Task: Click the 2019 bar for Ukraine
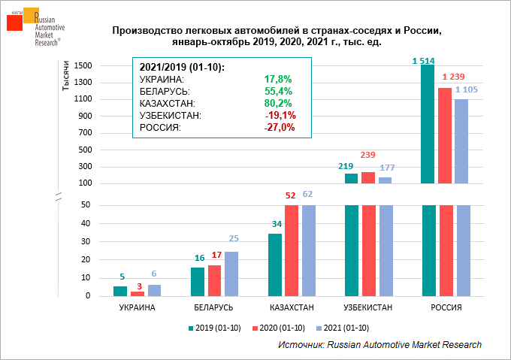120,291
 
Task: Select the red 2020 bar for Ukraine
138,293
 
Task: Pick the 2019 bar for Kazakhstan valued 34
275,265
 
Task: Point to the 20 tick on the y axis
87,259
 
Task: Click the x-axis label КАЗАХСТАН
292,308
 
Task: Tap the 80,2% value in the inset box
278,103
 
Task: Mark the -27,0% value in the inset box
280,127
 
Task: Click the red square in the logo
14,22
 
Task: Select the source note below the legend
379,344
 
